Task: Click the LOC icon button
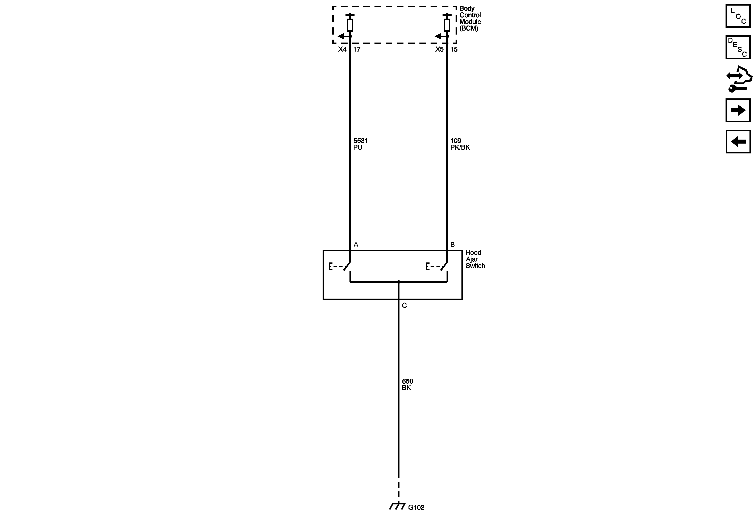[738, 16]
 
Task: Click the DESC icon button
[738, 47]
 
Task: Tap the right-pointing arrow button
[738, 110]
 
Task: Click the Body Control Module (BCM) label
[470, 18]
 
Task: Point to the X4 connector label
[342, 49]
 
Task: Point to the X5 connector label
[439, 49]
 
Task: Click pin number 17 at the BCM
[357, 49]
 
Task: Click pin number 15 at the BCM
[454, 49]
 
